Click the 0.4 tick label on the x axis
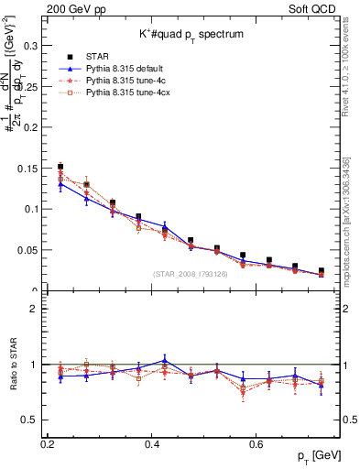pyautogui.click(x=152, y=442)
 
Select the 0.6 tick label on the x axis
pyautogui.click(x=258, y=442)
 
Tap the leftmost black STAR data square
pyautogui.click(x=60, y=167)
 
